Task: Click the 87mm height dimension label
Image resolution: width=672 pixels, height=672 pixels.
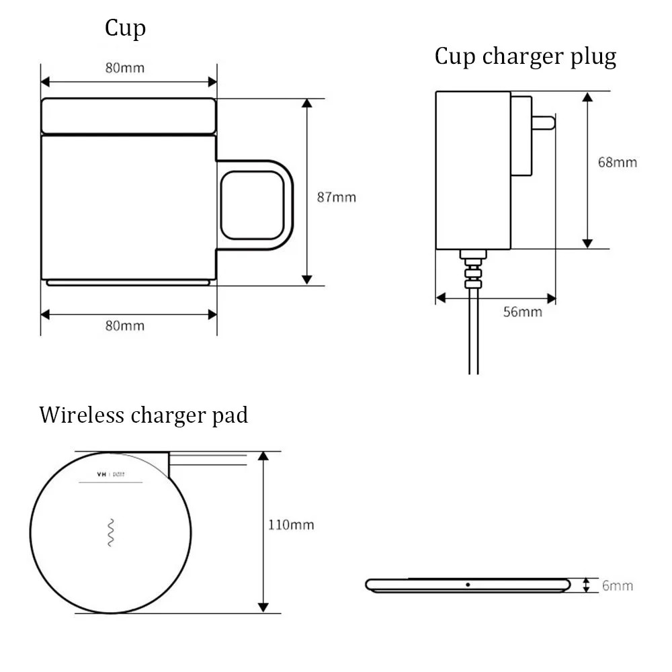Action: [336, 198]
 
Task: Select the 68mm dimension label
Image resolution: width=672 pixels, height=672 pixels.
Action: [617, 162]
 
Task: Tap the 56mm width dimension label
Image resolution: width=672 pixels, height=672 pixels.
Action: [522, 312]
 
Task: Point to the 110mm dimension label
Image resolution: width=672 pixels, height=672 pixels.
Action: [291, 525]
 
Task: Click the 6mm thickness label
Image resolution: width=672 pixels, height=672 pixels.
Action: [617, 585]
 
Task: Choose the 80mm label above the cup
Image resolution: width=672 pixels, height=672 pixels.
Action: [124, 68]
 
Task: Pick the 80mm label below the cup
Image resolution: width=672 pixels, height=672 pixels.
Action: [124, 325]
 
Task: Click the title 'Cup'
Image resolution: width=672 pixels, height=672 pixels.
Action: [125, 29]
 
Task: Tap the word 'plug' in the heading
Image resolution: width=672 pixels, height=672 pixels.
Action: [590, 57]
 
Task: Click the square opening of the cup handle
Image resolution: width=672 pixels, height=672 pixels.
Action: [252, 205]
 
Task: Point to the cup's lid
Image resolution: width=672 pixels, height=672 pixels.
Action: [128, 116]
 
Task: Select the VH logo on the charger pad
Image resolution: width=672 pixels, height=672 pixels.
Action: [103, 474]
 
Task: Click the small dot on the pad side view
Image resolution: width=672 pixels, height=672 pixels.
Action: [468, 585]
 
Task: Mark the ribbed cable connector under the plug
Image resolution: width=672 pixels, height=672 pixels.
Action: [472, 269]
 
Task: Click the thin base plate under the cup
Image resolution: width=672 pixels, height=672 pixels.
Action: [128, 283]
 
